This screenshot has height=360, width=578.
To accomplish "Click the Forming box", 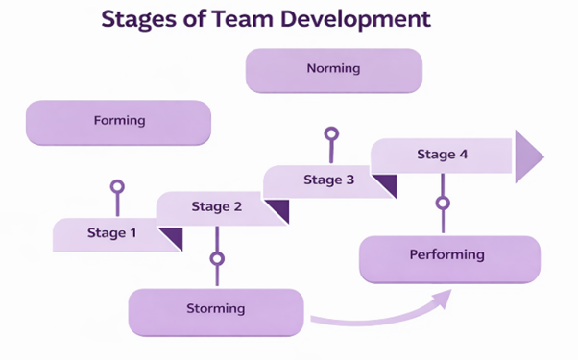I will [x=119, y=122].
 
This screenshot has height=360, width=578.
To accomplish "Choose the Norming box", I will [x=333, y=69].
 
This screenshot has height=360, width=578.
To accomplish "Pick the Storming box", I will [x=216, y=309].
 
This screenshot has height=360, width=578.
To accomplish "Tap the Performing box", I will [x=448, y=256].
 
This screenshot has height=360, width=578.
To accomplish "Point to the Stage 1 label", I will [x=112, y=232].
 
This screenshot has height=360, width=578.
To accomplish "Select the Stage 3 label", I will [x=329, y=180].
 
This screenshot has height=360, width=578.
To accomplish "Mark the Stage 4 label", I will [x=443, y=154].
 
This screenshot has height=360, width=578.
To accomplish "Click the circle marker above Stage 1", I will [x=117, y=186].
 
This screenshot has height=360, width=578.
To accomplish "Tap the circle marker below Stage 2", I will [x=217, y=258].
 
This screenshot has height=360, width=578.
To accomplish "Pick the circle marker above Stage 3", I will [x=331, y=133].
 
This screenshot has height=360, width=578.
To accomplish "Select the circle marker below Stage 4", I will [x=443, y=203].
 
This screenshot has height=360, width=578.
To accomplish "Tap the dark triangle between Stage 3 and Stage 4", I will [x=386, y=183].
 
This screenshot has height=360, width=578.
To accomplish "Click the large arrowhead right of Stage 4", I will [x=527, y=156].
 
